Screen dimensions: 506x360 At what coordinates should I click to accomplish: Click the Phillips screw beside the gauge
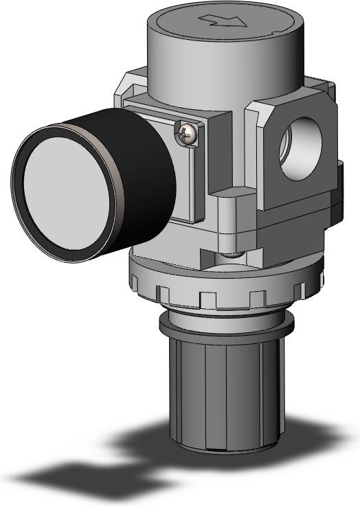186,133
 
